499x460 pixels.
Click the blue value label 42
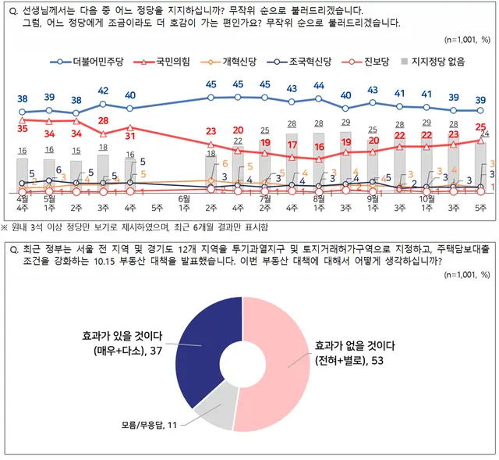click(x=103, y=91)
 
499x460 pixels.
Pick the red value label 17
click(x=292, y=145)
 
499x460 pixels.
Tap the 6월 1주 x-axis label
click(x=184, y=203)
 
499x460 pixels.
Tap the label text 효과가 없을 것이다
click(x=355, y=344)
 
